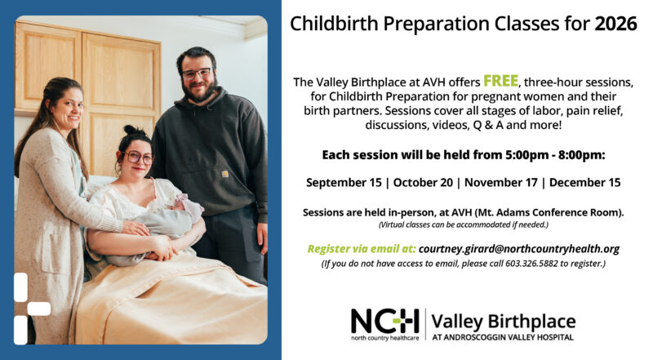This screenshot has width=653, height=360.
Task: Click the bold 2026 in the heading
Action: pyautogui.click(x=615, y=24)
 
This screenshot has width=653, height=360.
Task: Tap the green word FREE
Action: pyautogui.click(x=500, y=81)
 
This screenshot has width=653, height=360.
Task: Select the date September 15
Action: pyautogui.click(x=344, y=183)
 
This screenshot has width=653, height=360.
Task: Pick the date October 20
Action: pyautogui.click(x=423, y=183)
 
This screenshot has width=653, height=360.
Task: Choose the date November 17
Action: pyautogui.click(x=501, y=183)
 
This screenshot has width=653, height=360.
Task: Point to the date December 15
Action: pyautogui.click(x=584, y=183)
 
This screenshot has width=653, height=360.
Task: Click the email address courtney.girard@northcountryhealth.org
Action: pyautogui.click(x=519, y=249)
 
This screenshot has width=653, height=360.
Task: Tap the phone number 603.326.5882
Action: pyautogui.click(x=531, y=264)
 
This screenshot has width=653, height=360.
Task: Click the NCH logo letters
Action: pyautogui.click(x=384, y=322)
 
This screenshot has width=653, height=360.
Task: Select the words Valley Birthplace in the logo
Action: pyautogui.click(x=504, y=322)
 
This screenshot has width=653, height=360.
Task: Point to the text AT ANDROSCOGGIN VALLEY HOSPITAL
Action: pyautogui.click(x=503, y=337)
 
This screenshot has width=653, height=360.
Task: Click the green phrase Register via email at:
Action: pyautogui.click(x=362, y=249)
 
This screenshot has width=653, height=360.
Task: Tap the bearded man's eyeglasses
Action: pyautogui.click(x=198, y=73)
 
